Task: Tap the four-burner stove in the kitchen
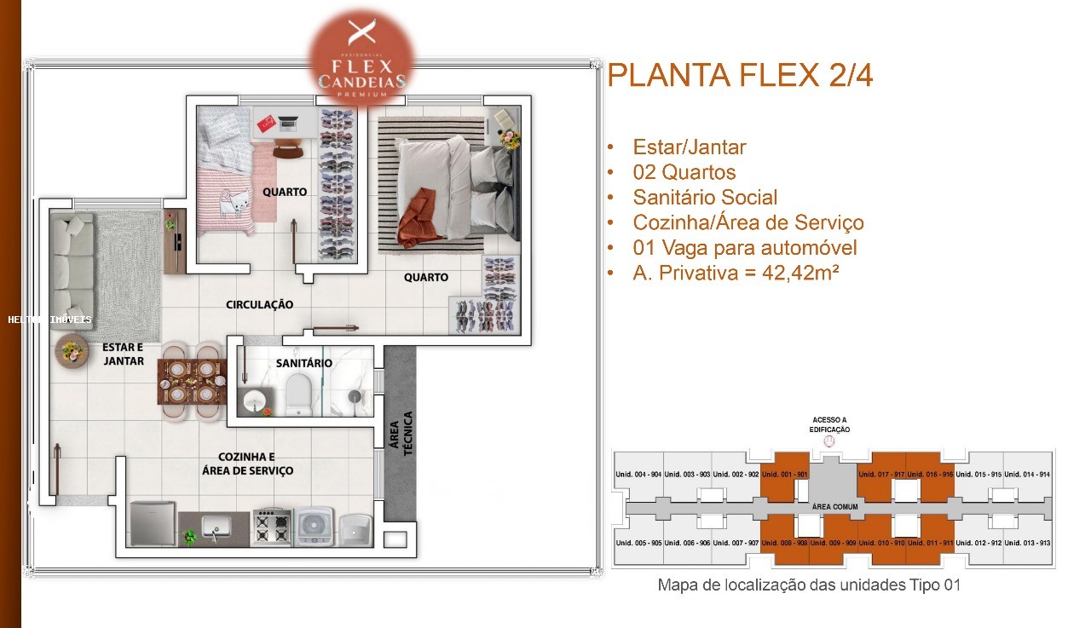click(x=272, y=527)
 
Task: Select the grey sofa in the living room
click(x=71, y=272)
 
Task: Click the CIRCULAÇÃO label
click(x=259, y=304)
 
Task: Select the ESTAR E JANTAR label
click(x=123, y=354)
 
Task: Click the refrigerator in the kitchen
click(x=153, y=523)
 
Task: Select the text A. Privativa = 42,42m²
click(x=730, y=273)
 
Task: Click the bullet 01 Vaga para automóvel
click(x=744, y=248)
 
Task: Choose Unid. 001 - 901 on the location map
click(x=783, y=475)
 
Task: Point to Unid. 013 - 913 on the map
click(x=1027, y=543)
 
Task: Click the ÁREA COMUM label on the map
click(x=834, y=507)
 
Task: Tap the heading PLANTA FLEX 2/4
click(x=740, y=76)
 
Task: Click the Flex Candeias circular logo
click(x=362, y=58)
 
